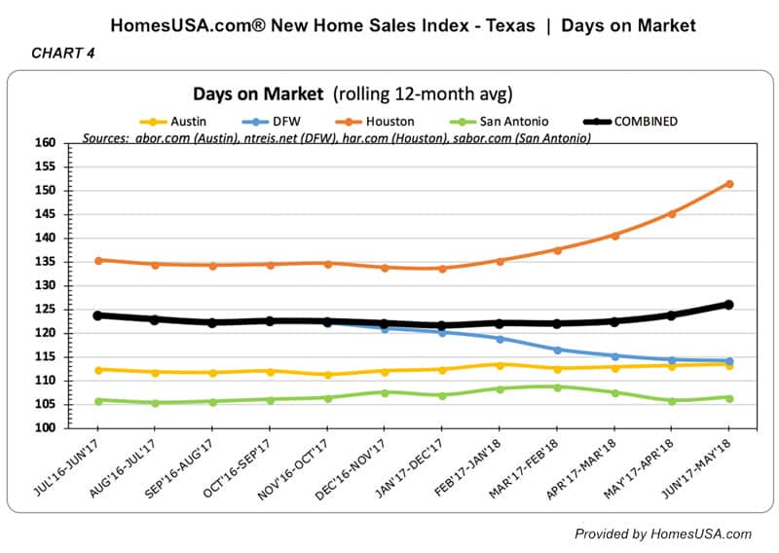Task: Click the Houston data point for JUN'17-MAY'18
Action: [729, 183]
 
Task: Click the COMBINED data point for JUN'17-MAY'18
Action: [729, 305]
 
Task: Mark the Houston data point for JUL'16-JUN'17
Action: [98, 260]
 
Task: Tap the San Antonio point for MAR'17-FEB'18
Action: [557, 387]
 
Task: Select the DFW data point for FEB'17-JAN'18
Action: [500, 339]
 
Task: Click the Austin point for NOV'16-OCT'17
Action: [327, 375]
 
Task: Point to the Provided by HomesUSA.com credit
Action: [662, 534]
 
